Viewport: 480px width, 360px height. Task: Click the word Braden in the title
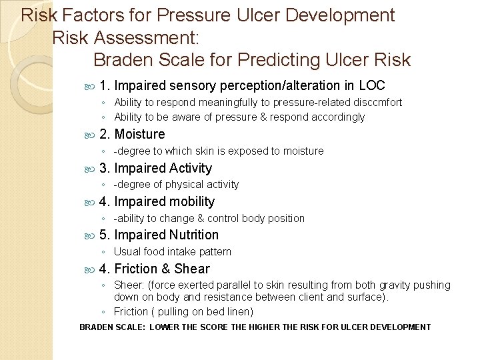[124, 60]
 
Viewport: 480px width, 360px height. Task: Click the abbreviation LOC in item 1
[371, 85]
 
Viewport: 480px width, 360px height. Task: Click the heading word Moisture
[139, 134]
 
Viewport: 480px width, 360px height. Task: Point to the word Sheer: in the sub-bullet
[129, 285]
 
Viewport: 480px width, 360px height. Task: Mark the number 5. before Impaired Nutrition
[105, 235]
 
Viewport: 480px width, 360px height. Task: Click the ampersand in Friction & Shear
[165, 269]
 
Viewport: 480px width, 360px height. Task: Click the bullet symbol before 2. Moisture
[91, 135]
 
